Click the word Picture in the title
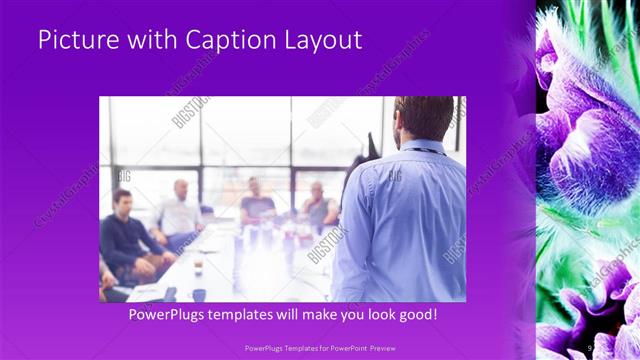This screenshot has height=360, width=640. coord(75,40)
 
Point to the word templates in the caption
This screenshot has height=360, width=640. coord(260,315)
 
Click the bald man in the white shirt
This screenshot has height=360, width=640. coord(180,210)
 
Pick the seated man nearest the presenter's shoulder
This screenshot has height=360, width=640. coord(318,205)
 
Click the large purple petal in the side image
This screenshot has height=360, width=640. coord(590,150)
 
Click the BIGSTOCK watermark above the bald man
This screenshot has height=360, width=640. coord(190,112)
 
